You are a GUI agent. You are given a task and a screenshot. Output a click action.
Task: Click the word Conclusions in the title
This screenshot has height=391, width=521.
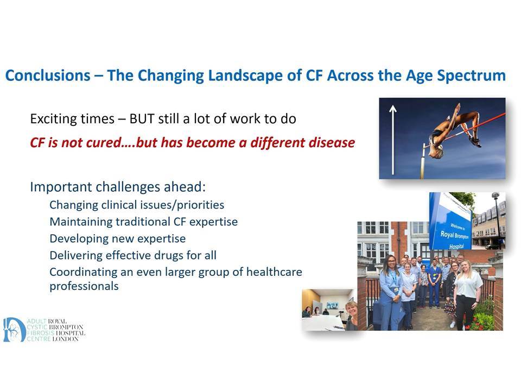[x=48, y=75]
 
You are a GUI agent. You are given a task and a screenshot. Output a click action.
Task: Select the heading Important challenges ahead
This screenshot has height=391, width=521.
[x=118, y=187]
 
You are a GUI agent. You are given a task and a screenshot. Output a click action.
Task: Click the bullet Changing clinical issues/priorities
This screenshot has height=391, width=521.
[x=137, y=205]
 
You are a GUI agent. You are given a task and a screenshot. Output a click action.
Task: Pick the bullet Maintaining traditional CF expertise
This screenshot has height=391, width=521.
[x=143, y=222]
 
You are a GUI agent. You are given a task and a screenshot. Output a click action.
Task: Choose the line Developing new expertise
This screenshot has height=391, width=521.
[x=118, y=239]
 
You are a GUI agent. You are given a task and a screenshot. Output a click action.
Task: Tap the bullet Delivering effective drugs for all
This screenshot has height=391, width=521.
[x=133, y=255]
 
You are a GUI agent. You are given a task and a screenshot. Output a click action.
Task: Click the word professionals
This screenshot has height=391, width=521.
[x=84, y=286]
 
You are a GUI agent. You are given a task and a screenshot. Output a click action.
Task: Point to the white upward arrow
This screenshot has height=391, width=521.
[x=393, y=140]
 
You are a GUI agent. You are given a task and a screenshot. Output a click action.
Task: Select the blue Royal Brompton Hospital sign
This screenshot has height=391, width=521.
[x=451, y=221]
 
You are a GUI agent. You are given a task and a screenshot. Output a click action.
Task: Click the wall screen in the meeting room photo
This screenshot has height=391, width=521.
[x=332, y=305]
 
